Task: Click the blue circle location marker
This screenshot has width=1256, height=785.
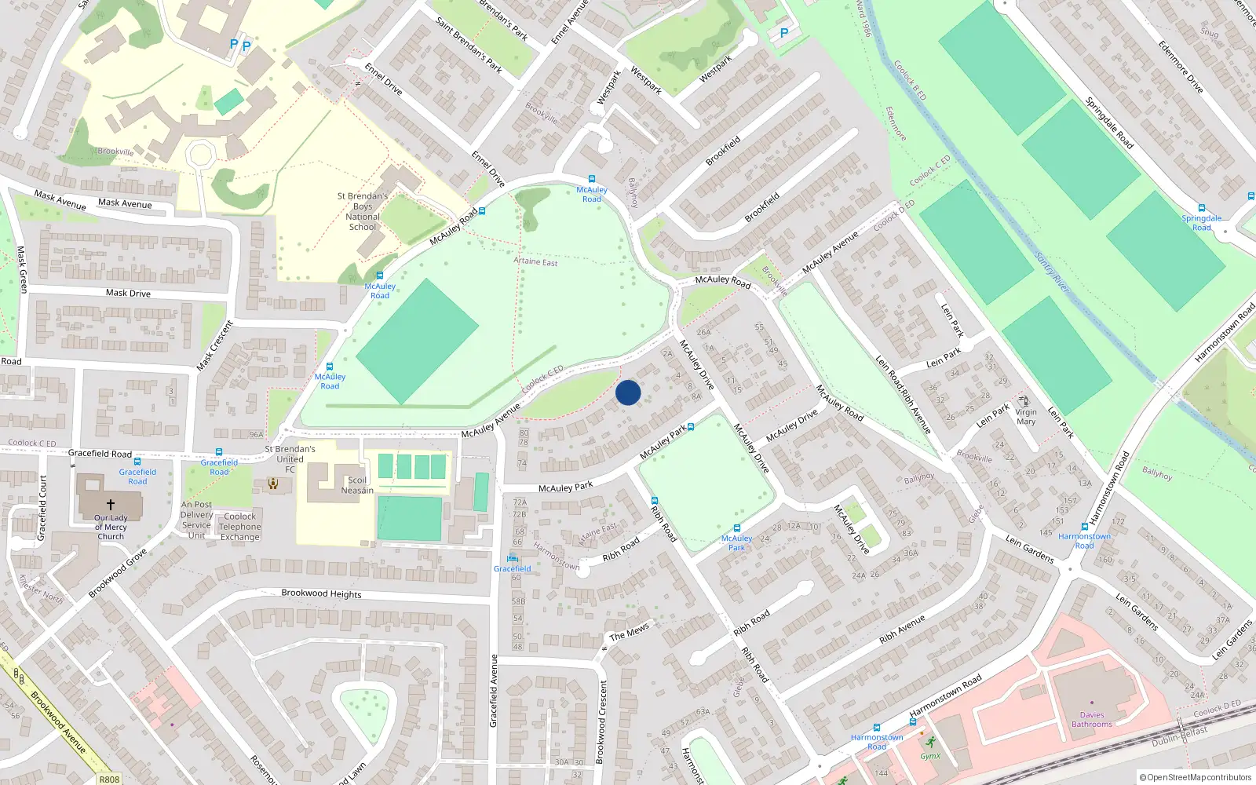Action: (x=628, y=392)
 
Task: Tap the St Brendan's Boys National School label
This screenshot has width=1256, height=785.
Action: (x=363, y=212)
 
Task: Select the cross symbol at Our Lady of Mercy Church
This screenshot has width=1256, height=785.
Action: (x=111, y=505)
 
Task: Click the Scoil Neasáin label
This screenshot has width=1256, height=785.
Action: (x=357, y=485)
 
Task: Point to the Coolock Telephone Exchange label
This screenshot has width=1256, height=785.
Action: (x=239, y=527)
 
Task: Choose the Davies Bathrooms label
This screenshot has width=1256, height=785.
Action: (x=1092, y=719)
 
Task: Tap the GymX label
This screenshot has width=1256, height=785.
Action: (x=930, y=756)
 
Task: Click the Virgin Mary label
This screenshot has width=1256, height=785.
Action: (x=1026, y=417)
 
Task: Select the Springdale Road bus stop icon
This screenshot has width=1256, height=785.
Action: (x=1201, y=208)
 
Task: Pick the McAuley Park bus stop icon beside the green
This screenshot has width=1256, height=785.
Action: (x=736, y=528)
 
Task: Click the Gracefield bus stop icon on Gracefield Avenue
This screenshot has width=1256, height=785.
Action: (x=513, y=559)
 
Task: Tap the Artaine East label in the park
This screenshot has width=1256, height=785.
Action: (x=535, y=261)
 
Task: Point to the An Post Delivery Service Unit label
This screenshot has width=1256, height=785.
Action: (x=196, y=520)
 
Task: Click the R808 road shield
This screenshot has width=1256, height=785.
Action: (x=109, y=779)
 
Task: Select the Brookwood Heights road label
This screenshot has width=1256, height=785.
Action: (x=321, y=593)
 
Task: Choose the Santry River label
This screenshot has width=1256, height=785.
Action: (x=1052, y=272)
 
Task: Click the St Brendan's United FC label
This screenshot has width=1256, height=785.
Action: (x=290, y=459)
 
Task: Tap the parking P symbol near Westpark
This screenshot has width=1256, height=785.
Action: (x=783, y=33)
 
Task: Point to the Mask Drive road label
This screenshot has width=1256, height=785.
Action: (x=128, y=293)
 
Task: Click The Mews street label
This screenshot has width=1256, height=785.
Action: (x=630, y=631)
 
